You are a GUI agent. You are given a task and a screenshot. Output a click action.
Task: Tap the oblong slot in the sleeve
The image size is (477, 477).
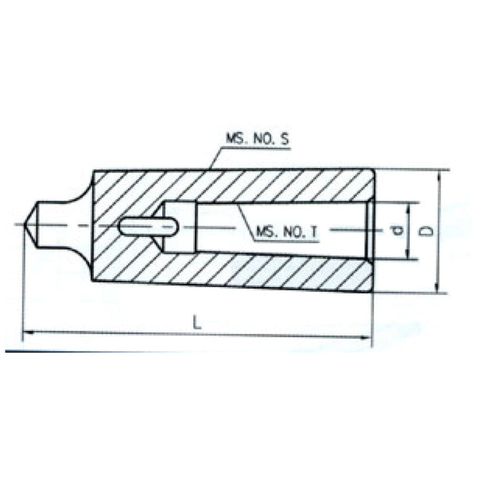(148, 227)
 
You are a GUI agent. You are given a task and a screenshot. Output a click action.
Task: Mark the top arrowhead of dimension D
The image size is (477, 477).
(436, 173)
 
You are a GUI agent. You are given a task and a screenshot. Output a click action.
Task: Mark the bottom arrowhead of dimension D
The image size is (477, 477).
(436, 289)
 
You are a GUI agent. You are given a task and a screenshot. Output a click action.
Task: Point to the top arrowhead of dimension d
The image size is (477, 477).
(409, 206)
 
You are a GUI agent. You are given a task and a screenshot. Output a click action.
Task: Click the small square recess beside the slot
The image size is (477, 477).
(176, 227)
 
